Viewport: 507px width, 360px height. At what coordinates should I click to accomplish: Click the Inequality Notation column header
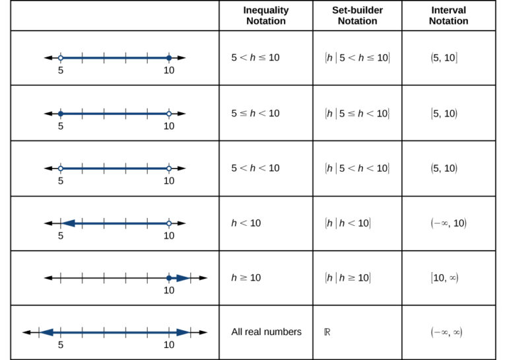pos(265,15)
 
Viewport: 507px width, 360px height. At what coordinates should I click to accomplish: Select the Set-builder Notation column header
pos(357,15)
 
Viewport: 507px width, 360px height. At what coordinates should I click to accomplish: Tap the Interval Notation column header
pos(448,15)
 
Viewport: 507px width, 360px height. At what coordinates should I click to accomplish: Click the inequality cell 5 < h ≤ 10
pos(255,57)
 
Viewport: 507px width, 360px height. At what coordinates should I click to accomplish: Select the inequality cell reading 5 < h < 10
pos(255,168)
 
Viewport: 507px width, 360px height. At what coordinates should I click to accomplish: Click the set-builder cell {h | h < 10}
pos(348,223)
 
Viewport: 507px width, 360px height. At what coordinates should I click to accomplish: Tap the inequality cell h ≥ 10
pos(246,277)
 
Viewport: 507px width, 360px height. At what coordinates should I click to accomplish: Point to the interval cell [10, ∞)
pos(445,278)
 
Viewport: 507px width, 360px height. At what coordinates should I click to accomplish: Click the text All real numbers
pos(266,332)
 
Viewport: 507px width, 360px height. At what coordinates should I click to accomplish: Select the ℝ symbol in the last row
pos(328,332)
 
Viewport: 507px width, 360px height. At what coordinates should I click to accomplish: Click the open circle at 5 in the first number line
pos(60,58)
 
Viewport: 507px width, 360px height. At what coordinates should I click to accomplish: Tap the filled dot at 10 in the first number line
pos(169,58)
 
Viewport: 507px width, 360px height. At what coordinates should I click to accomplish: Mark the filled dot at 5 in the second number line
pos(60,114)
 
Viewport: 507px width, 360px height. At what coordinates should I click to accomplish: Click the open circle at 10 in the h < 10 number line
pos(169,223)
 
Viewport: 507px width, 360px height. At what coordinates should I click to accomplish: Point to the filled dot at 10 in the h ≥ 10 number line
pos(169,278)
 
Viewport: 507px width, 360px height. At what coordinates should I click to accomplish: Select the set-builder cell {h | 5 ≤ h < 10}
pos(357,113)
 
